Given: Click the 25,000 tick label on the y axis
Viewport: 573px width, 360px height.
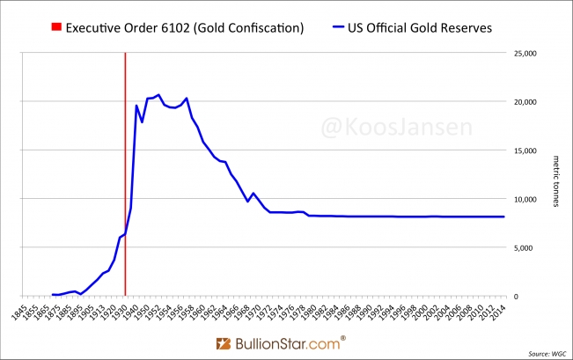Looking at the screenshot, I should point(525,53).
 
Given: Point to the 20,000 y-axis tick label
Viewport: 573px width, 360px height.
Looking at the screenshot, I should point(525,101).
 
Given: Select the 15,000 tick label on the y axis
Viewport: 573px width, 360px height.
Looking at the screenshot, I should point(525,151).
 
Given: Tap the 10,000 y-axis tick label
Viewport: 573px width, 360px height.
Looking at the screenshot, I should point(525,199).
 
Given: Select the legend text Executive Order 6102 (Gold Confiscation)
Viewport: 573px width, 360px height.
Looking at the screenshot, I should point(188,27).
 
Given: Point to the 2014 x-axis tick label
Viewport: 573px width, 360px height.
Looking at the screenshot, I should point(499,314).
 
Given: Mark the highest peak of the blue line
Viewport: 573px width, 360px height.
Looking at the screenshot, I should point(158,94).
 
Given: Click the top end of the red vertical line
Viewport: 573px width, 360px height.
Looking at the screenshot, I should point(125,54).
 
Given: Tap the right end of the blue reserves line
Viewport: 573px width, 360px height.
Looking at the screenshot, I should point(503,217).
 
